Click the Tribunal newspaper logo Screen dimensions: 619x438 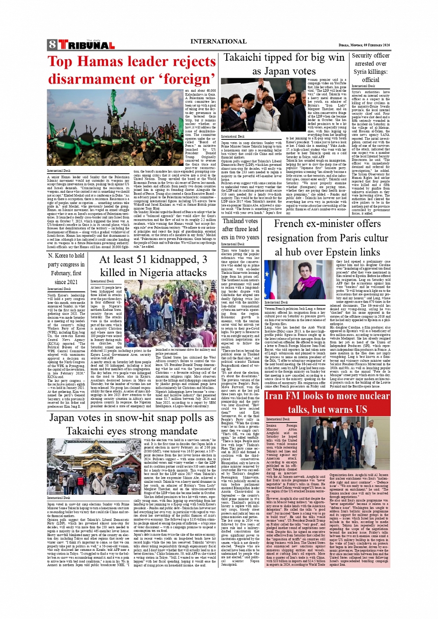coord(86,45)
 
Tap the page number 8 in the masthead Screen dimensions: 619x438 coord(52,45)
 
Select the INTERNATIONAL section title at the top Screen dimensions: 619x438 coord(218,41)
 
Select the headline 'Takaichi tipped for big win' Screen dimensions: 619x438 coord(284,57)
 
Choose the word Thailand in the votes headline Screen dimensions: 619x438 coord(240,221)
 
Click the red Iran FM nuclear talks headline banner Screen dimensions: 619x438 coord(327,403)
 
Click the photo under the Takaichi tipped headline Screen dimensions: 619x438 coord(263,105)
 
